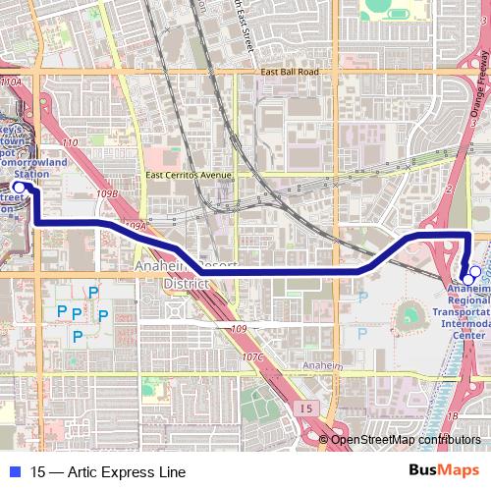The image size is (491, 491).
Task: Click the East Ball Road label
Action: pos(291,72)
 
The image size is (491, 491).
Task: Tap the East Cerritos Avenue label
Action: pos(189,175)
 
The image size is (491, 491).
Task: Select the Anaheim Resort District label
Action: pos(173,274)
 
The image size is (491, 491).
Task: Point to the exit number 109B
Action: pos(107,194)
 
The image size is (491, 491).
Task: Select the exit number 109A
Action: pos(136,226)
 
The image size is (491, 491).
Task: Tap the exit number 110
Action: pos(70,144)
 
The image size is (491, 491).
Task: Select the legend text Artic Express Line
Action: pos(94,471)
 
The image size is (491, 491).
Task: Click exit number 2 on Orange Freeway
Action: pos(447,187)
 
